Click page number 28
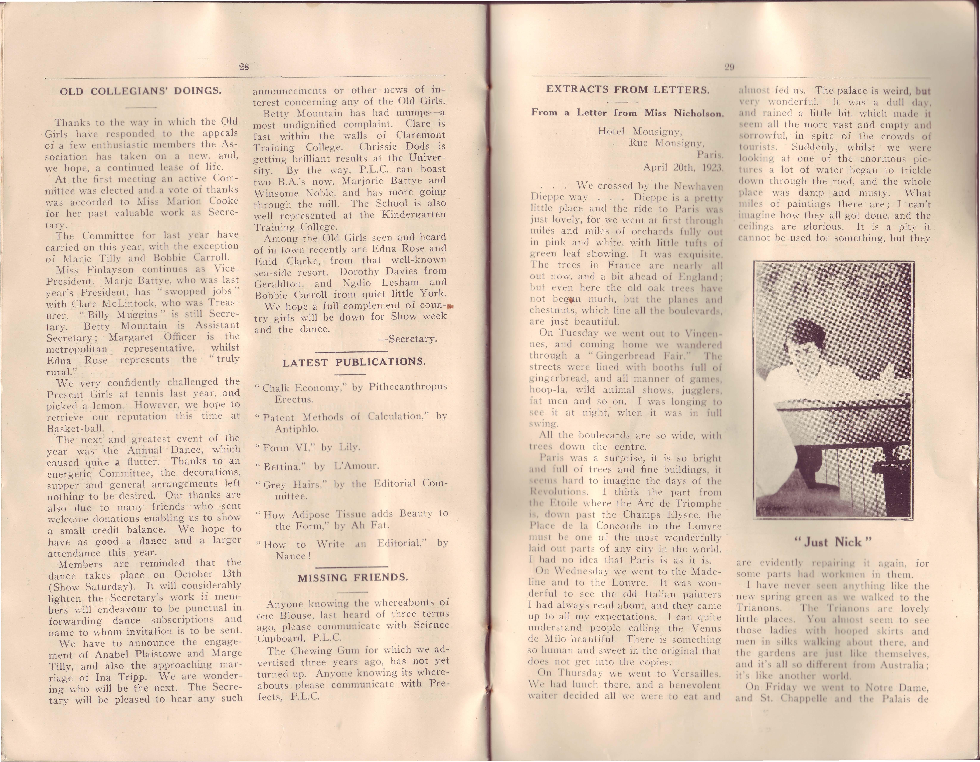pos(244,67)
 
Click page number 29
pos(729,67)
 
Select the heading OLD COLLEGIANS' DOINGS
pos(141,91)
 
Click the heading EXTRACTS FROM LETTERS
pos(628,89)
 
